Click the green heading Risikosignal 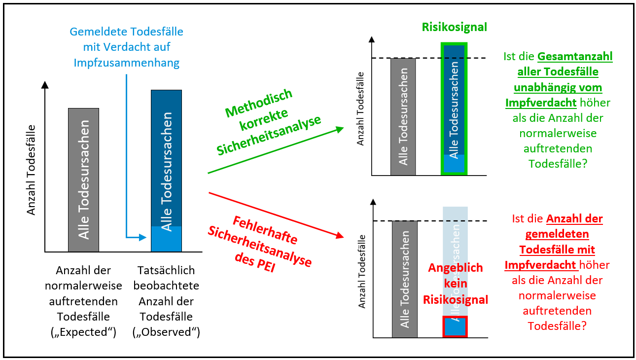coord(454,27)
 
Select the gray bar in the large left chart coord(83,180)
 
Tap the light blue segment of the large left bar coord(166,239)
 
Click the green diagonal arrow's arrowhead coord(340,130)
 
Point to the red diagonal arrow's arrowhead coord(340,235)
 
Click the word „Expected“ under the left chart coord(83,332)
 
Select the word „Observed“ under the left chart coord(166,332)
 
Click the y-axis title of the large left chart coord(31,170)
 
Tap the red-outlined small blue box coord(455,326)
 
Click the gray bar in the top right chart coord(403,117)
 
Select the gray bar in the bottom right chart coord(405,279)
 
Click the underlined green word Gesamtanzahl coord(575,57)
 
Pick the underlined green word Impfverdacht coord(541,103)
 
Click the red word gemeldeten coord(557,234)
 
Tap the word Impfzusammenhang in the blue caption coord(127,63)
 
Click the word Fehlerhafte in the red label coord(265,230)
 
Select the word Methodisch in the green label coord(259,103)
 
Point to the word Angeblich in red coord(456,268)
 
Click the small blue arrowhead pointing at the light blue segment coord(143,237)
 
